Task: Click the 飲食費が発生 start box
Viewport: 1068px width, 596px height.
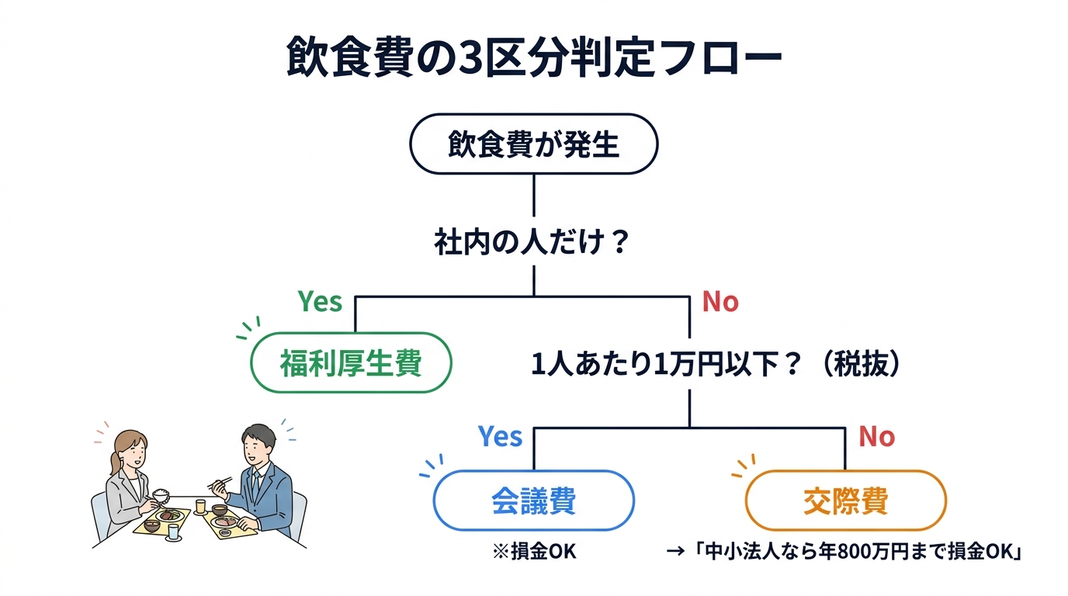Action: pyautogui.click(x=533, y=144)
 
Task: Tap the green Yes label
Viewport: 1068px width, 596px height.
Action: pyautogui.click(x=320, y=302)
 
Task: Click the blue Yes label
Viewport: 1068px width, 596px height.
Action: pyautogui.click(x=500, y=437)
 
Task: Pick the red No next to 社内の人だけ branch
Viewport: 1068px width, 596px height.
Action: pyautogui.click(x=720, y=302)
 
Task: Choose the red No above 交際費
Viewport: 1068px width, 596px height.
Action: pyautogui.click(x=876, y=437)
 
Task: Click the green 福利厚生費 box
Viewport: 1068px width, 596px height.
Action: pyautogui.click(x=351, y=362)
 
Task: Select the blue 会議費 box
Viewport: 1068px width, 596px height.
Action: pyautogui.click(x=533, y=501)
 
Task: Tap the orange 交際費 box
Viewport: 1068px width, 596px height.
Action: pyautogui.click(x=845, y=501)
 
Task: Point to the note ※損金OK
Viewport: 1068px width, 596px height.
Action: pyautogui.click(x=535, y=552)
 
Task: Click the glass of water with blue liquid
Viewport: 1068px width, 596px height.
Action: pyautogui.click(x=172, y=532)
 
